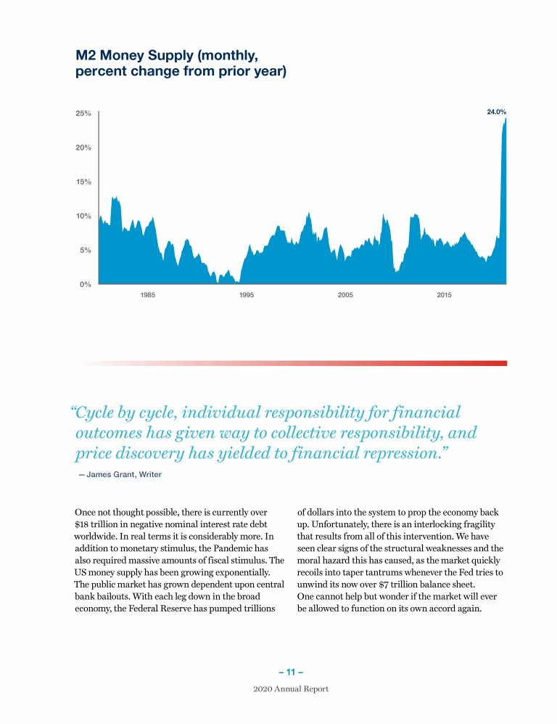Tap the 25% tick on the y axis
pyautogui.click(x=83, y=114)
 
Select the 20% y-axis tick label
pyautogui.click(x=83, y=148)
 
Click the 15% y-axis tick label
pyautogui.click(x=83, y=182)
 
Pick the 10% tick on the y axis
pyautogui.click(x=83, y=216)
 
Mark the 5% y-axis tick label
pyautogui.click(x=86, y=251)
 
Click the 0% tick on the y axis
pyautogui.click(x=86, y=285)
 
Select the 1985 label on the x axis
pyautogui.click(x=148, y=296)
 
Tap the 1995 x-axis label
pyautogui.click(x=246, y=296)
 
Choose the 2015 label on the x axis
pyautogui.click(x=444, y=296)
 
